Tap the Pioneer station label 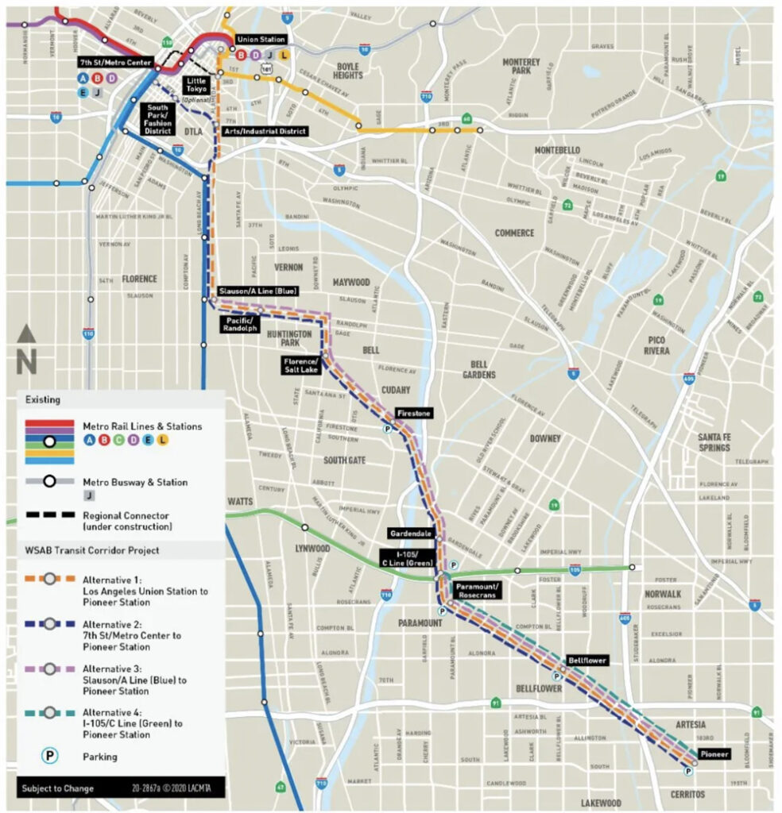pos(714,753)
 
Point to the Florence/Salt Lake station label pos(300,365)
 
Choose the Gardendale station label pos(410,533)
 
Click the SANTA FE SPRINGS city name pos(714,442)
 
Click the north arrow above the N pos(26,334)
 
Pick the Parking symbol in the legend pos(49,756)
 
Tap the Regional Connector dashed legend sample pos(49,515)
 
